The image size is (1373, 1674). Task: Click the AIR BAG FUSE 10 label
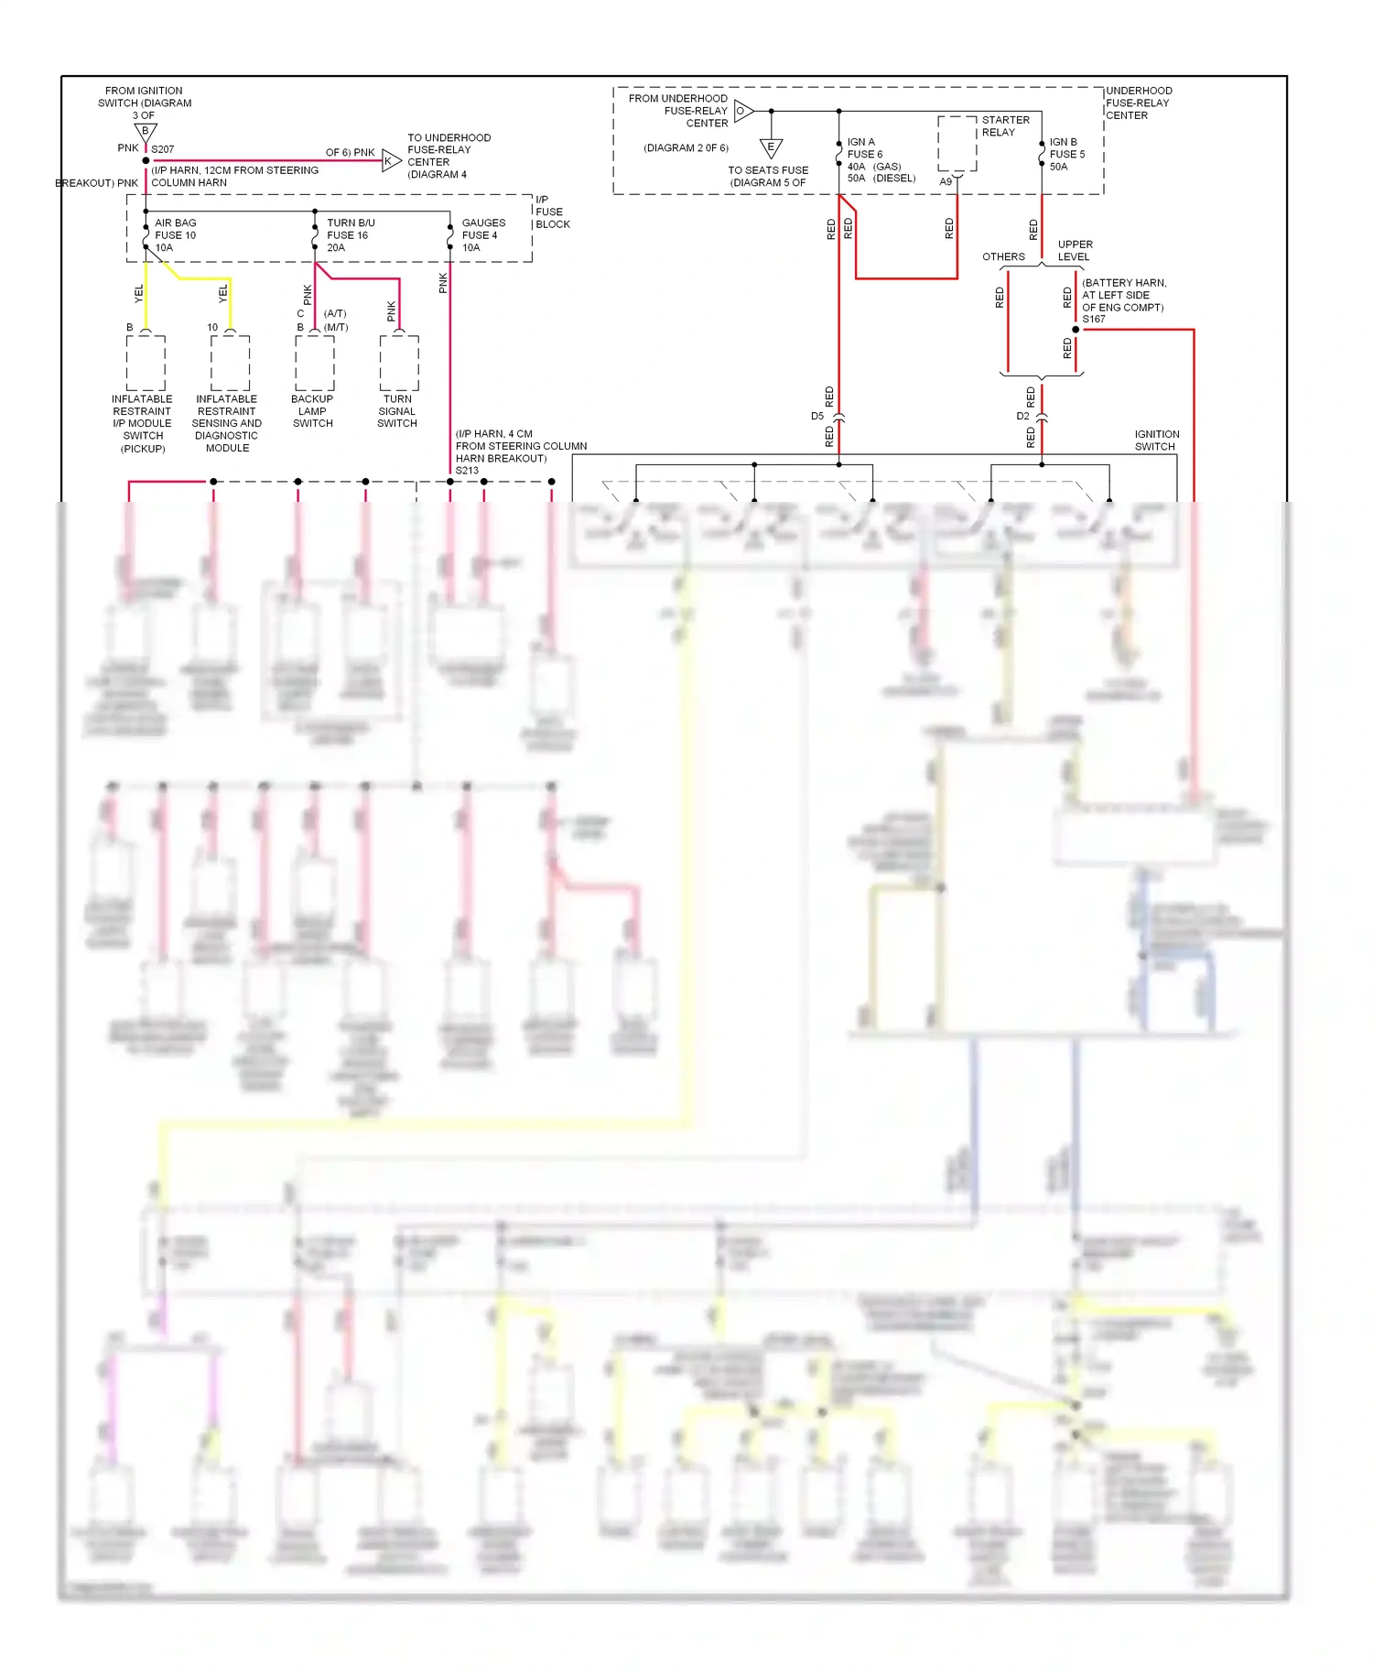(175, 235)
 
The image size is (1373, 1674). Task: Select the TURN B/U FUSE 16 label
(350, 235)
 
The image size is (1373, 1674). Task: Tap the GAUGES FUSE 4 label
(482, 235)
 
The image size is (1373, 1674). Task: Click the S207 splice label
(162, 149)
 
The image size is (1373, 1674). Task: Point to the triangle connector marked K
(391, 161)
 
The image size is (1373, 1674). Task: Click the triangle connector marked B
(146, 132)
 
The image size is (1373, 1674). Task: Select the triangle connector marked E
(771, 147)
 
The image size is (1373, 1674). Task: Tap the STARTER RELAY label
(1005, 126)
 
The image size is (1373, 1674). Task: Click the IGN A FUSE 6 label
(864, 148)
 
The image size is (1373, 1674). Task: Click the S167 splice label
(1093, 320)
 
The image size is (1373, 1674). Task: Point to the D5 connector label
(817, 416)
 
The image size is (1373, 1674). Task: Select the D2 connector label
(1022, 416)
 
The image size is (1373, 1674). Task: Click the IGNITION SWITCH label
(1156, 440)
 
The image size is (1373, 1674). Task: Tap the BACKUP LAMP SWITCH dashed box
(314, 364)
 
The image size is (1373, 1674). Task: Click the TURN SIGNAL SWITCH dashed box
(399, 364)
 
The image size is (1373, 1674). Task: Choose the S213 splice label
(467, 471)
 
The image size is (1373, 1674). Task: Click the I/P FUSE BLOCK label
(552, 212)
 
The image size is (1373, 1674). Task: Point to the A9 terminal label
(946, 181)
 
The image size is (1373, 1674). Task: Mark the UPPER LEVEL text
(1075, 250)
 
